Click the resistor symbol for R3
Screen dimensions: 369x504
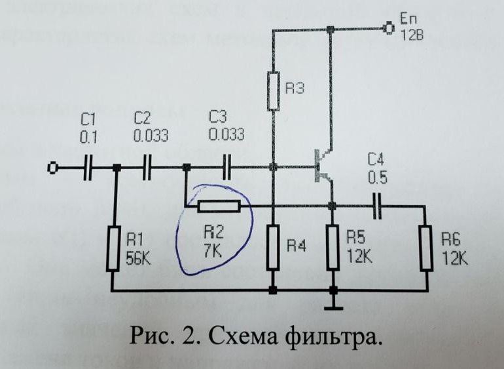(274, 91)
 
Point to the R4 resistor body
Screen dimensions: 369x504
(273, 247)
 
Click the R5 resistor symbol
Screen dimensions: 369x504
(333, 247)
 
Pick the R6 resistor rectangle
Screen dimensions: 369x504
(427, 247)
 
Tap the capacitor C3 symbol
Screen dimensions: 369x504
(226, 168)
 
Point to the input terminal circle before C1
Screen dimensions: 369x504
(51, 169)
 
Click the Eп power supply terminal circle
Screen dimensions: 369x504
(389, 28)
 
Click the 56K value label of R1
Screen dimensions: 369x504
(137, 258)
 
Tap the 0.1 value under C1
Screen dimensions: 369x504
(88, 138)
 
